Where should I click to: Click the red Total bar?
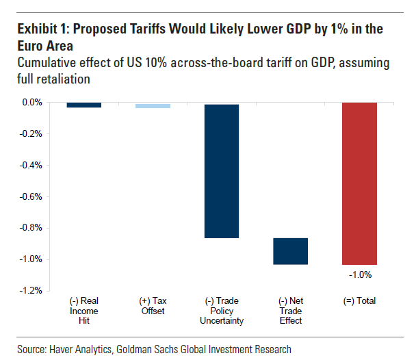pyautogui.click(x=359, y=183)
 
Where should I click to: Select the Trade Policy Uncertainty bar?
pyautogui.click(x=222, y=170)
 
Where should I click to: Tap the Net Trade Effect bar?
pyautogui.click(x=290, y=251)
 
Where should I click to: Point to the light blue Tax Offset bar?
pyautogui.click(x=153, y=106)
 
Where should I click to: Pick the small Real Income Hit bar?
pyautogui.click(x=85, y=105)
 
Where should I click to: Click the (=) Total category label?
pyautogui.click(x=359, y=300)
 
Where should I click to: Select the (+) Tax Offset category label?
pyautogui.click(x=153, y=305)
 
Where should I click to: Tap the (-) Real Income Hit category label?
pyautogui.click(x=85, y=310)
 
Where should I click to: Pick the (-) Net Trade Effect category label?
pyautogui.click(x=290, y=310)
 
